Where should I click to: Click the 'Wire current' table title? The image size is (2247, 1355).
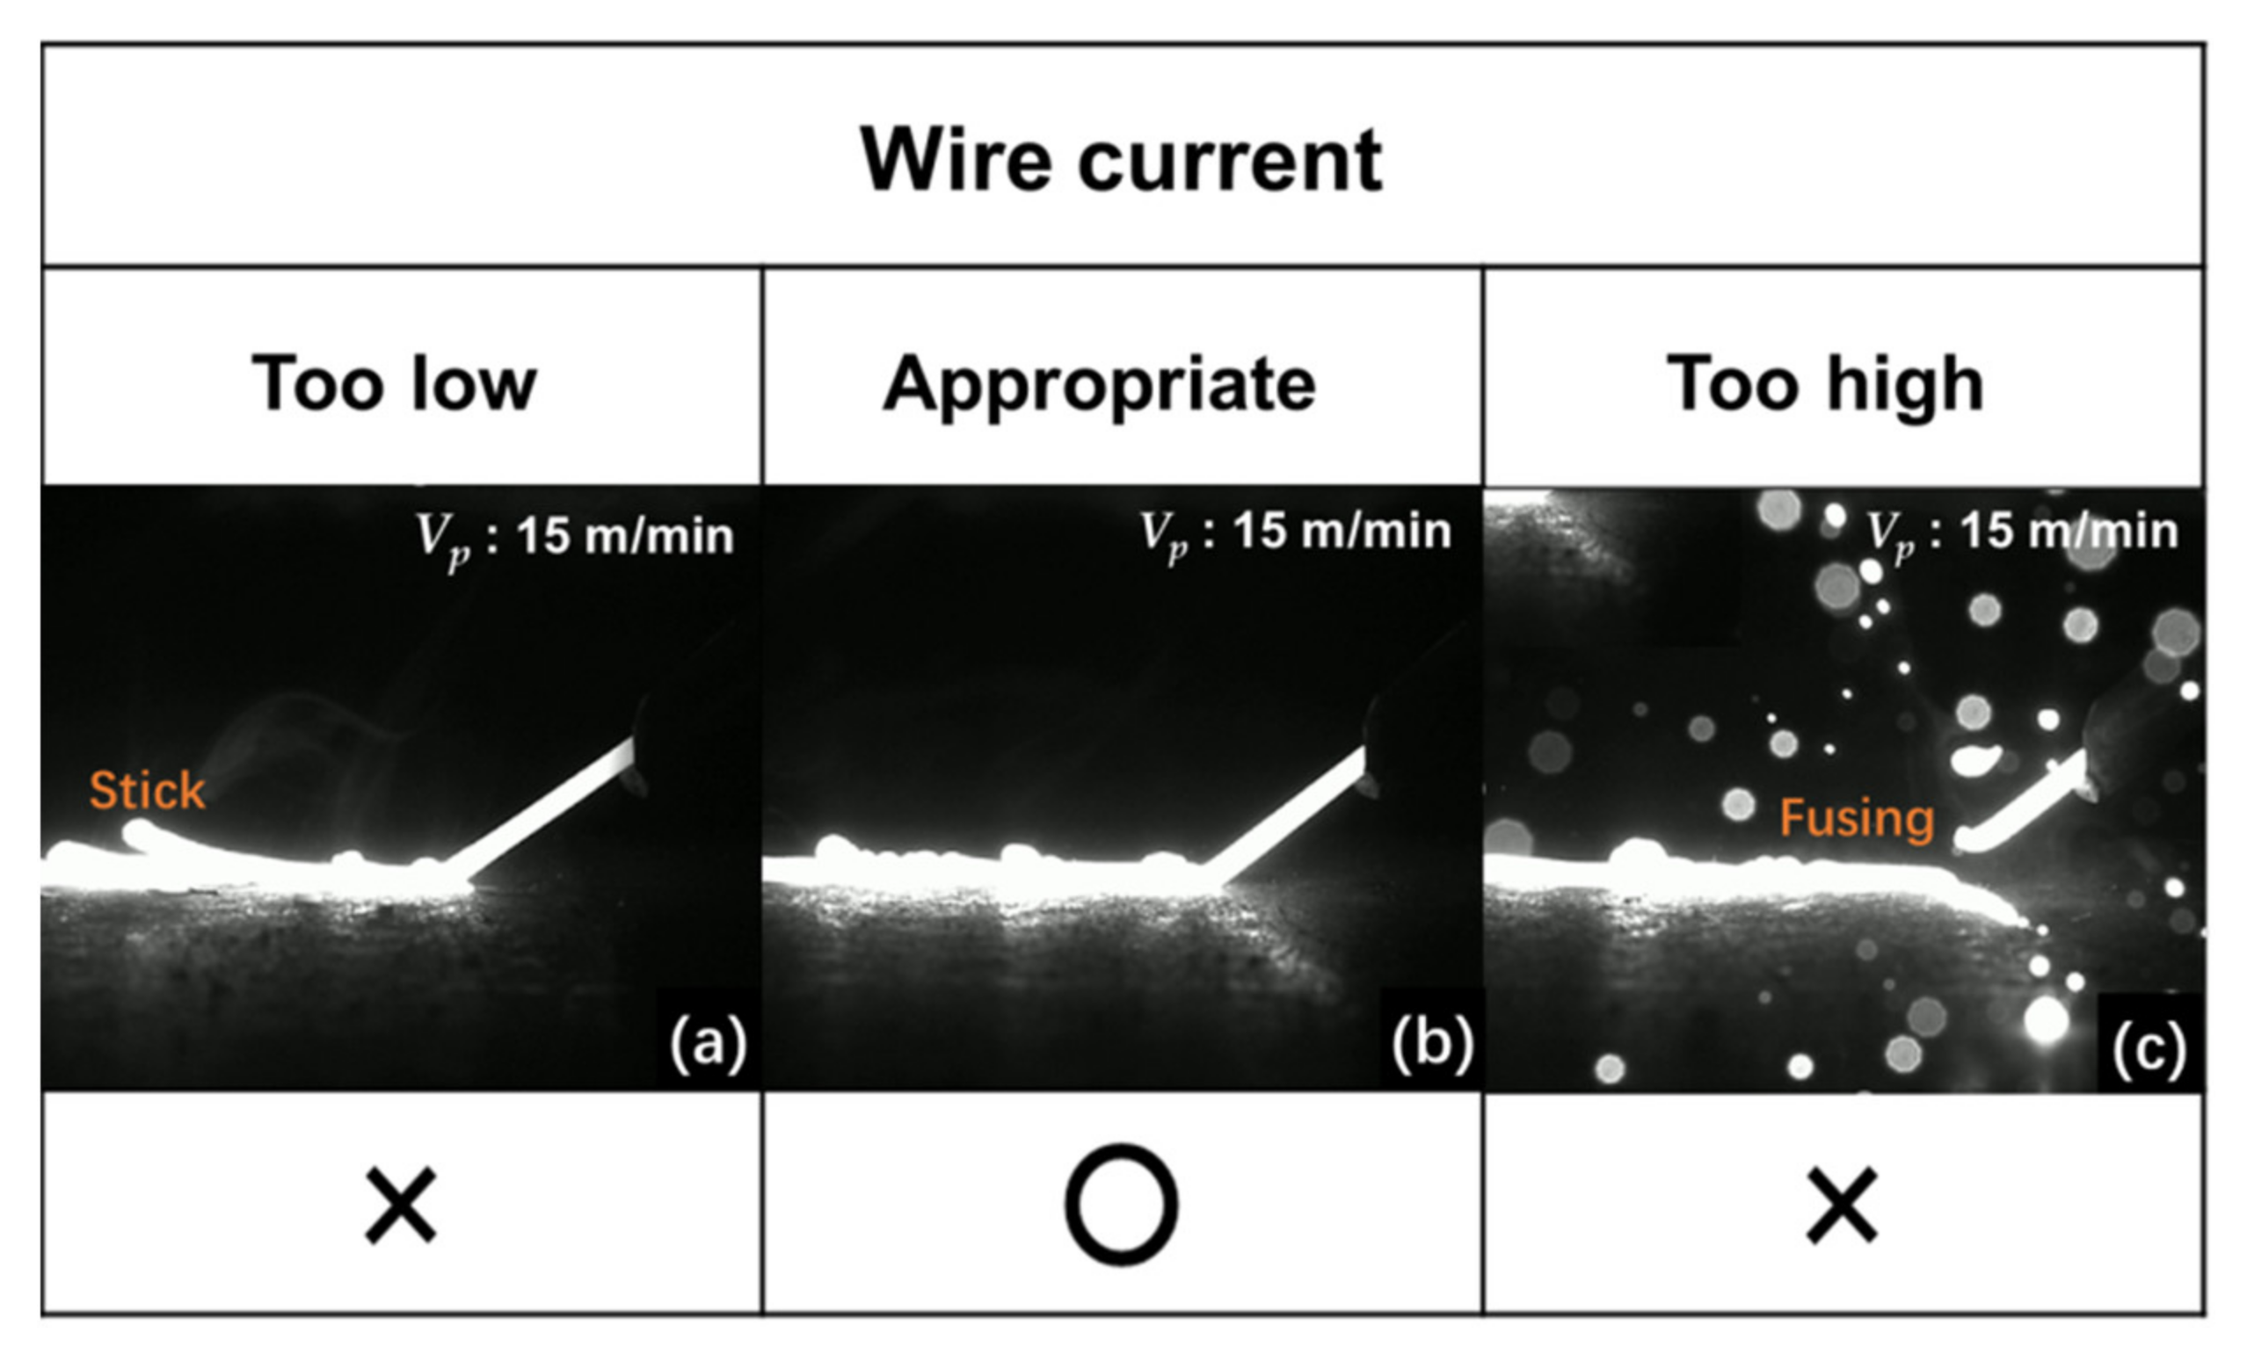tap(1121, 161)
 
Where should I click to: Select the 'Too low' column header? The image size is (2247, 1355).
tap(394, 384)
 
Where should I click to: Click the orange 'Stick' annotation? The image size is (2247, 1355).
tap(147, 790)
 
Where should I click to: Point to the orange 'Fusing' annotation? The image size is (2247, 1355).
tap(1857, 817)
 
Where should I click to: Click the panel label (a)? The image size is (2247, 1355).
tap(708, 1044)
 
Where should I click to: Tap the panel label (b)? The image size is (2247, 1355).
tap(1432, 1042)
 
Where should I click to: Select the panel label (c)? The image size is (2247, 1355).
tap(2149, 1048)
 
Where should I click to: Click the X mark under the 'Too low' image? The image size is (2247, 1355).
tap(400, 1207)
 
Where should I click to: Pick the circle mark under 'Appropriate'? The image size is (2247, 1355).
tap(1121, 1205)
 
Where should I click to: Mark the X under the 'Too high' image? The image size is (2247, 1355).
tap(1841, 1207)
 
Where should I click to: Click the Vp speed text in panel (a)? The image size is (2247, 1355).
tap(576, 536)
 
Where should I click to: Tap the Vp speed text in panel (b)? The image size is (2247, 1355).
tap(1295, 532)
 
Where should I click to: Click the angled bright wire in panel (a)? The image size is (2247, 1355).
tap(547, 807)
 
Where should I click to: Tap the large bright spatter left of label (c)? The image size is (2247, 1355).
tap(2046, 1019)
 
